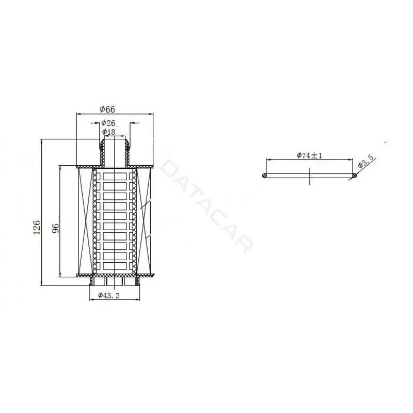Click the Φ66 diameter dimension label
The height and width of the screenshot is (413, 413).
107,109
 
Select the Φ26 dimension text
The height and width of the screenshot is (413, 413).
108,123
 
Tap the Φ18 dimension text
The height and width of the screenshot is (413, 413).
108,132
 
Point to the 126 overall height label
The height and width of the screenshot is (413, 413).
37,227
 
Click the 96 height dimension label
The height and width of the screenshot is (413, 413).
56,228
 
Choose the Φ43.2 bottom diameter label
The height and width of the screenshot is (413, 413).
109,295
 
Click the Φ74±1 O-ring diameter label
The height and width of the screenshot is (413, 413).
309,155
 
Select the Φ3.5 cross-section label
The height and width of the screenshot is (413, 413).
366,162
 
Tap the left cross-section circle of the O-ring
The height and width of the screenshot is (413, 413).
265,176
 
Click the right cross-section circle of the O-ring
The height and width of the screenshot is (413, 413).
355,176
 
